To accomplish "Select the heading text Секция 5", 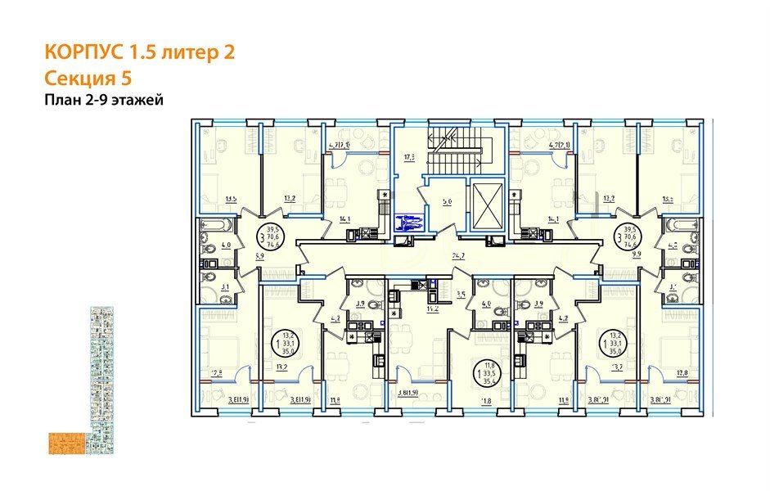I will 87,79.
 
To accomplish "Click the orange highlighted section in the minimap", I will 63,441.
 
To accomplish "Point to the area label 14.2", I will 423,310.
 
